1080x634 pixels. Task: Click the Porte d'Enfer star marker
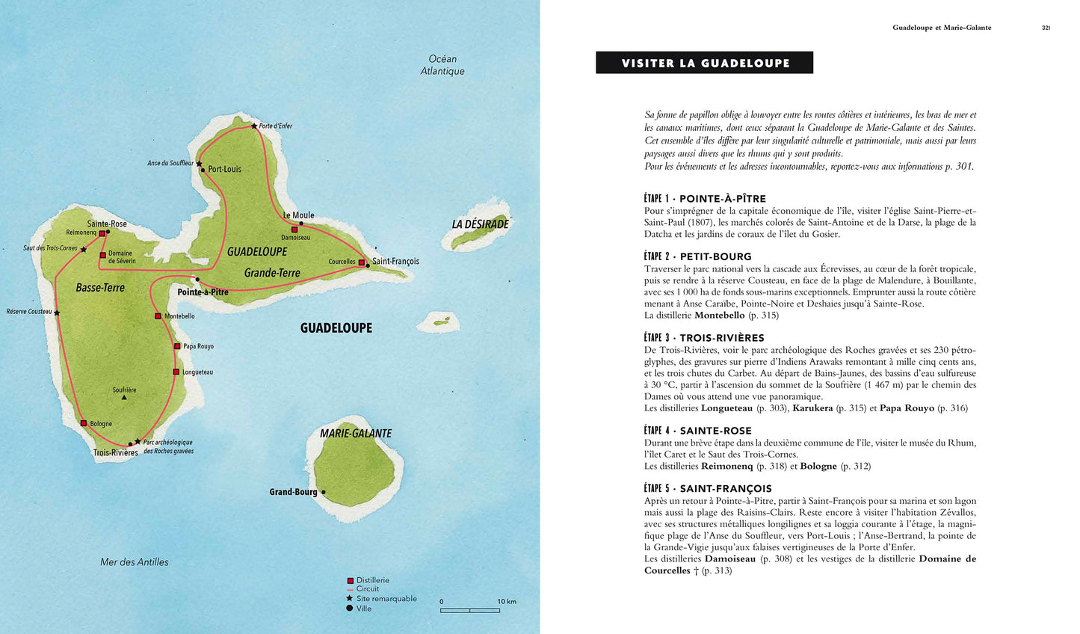pos(254,126)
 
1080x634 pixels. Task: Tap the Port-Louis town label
pos(224,169)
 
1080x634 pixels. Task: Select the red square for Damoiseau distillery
pos(294,230)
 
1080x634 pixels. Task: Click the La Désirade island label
pos(480,224)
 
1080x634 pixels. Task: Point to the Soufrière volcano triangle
pos(124,398)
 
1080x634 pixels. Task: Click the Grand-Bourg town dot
pos(323,492)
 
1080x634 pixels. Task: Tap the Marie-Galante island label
pos(356,434)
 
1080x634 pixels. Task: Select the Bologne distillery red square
pos(84,423)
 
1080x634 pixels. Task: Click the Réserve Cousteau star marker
pos(57,313)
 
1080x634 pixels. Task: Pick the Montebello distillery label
pos(179,316)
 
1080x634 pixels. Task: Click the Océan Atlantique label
pos(442,65)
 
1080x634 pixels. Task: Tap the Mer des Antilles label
pos(135,562)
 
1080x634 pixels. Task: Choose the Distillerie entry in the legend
pos(372,580)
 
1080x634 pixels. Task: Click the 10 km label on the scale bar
pos(507,601)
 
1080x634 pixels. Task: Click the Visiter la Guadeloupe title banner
pos(704,63)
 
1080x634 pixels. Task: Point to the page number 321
pos(1046,28)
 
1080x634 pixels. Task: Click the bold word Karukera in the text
pos(812,408)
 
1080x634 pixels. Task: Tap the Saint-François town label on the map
pos(395,262)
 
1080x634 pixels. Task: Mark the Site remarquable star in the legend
pos(349,598)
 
